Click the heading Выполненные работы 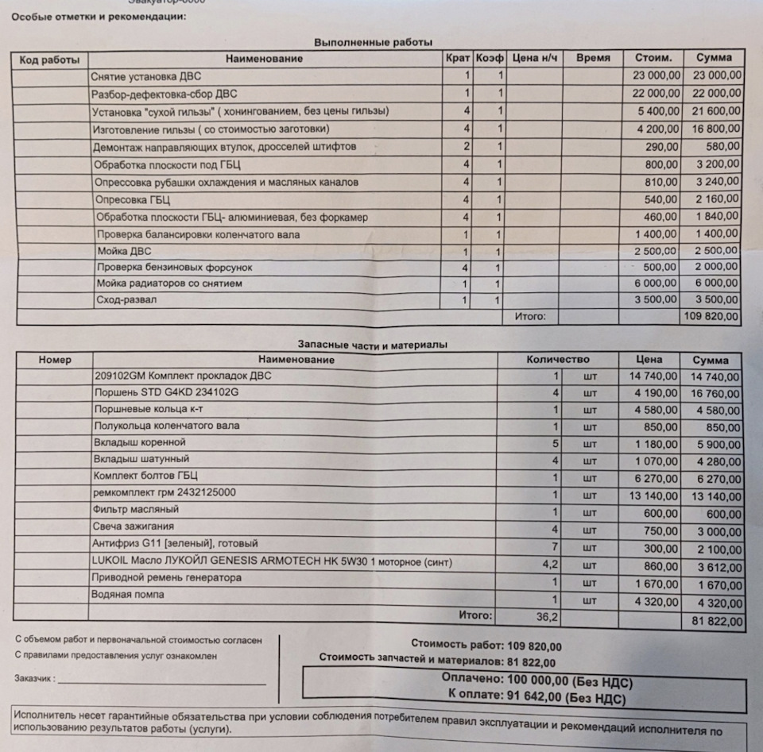click(373, 42)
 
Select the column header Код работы click(49, 60)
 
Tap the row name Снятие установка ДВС click(147, 77)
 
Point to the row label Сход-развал click(126, 300)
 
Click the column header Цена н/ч click(535, 59)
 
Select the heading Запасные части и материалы click(372, 345)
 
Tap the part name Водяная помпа click(131, 596)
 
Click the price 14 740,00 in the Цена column click(654, 376)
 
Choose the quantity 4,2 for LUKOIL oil click(548, 563)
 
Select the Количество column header click(558, 360)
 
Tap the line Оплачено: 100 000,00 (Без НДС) click(536, 681)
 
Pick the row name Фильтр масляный click(136, 509)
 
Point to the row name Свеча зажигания click(134, 526)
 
